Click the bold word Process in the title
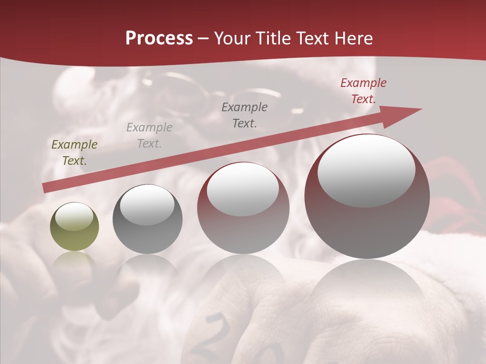(159, 38)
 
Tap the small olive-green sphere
(74, 227)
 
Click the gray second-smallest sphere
(147, 219)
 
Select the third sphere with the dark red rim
(243, 208)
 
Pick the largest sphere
(367, 197)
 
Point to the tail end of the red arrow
(46, 188)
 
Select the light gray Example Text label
(149, 135)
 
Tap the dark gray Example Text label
(245, 115)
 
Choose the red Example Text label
(363, 91)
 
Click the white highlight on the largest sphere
(366, 171)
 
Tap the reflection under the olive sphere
(74, 263)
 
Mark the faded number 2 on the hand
(218, 329)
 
